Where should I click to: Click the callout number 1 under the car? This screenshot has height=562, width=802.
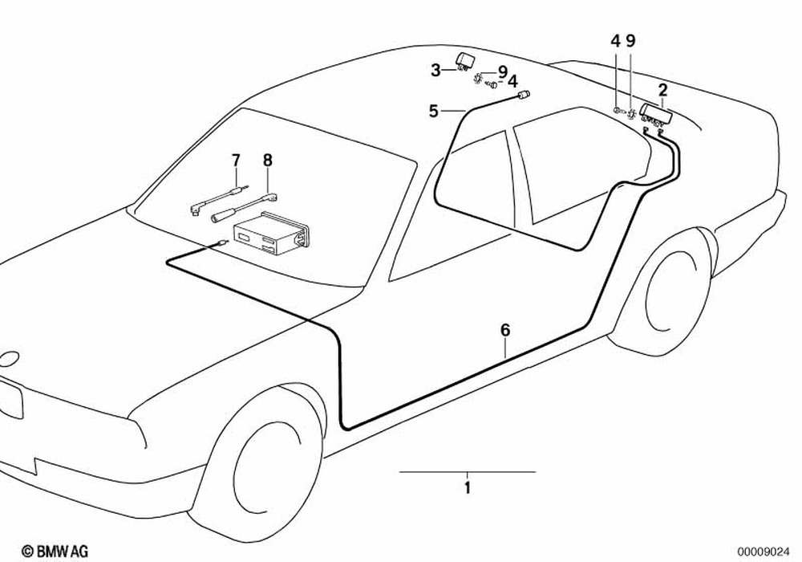pos(468,486)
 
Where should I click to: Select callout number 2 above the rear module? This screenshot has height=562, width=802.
pos(662,89)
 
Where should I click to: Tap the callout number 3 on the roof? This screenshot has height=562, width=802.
pos(435,70)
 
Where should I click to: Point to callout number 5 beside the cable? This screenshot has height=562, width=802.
pos(434,111)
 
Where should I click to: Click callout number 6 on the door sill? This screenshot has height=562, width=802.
pos(504,330)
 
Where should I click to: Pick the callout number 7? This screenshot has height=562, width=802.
pos(236,161)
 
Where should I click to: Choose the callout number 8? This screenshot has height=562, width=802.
pos(267,160)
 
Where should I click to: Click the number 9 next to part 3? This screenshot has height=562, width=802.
pos(502,71)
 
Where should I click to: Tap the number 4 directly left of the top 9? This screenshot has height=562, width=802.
pos(615,40)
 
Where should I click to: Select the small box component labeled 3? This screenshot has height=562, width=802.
pos(466,60)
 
